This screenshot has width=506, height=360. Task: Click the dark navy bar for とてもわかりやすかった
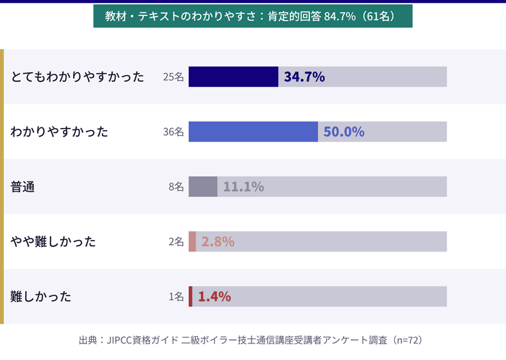tap(233, 77)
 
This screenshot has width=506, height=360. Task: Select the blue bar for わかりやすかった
tap(253, 132)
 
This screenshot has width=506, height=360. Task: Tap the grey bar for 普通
tap(202, 187)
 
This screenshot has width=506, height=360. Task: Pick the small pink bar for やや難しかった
tap(192, 241)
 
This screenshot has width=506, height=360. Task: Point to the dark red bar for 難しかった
tap(190, 296)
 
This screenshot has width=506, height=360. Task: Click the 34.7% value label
tap(304, 77)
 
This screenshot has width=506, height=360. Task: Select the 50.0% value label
tap(343, 132)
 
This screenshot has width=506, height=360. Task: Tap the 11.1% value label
tap(243, 187)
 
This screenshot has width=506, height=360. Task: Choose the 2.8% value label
tap(218, 241)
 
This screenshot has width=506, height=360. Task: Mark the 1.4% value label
tap(214, 296)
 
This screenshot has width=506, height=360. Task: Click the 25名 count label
tap(173, 77)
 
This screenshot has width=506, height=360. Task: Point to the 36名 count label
tap(173, 132)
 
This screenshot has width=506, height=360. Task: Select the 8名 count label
tap(176, 187)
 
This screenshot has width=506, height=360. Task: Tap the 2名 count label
tap(176, 241)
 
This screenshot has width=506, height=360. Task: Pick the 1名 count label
tap(176, 296)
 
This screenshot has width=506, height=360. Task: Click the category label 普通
tap(23, 187)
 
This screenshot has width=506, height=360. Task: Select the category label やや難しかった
tap(53, 241)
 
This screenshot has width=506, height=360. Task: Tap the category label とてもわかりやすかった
tap(77, 77)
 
